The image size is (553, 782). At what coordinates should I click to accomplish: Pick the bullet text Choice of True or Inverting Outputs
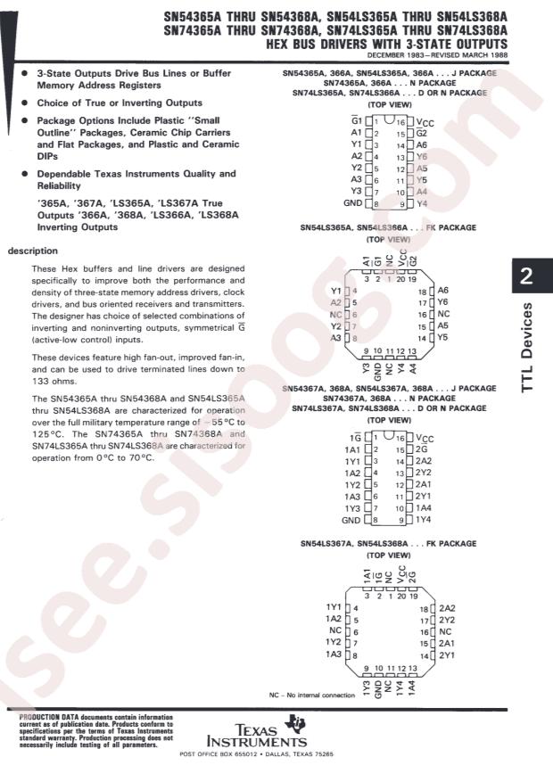pos(120,103)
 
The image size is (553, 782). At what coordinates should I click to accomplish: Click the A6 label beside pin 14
pos(422,144)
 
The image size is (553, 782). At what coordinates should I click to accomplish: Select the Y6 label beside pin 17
pos(442,302)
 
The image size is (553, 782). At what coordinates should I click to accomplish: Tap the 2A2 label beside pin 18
pos(447,606)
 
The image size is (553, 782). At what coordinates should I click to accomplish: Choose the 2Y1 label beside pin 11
pos(423,495)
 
